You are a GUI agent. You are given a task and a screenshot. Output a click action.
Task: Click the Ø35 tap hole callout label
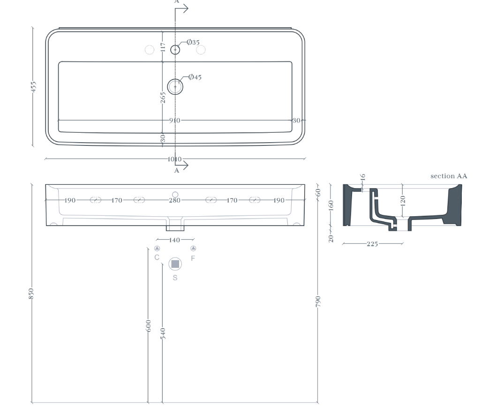tap(193, 42)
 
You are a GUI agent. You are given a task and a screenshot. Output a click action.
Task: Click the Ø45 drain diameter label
tap(195, 77)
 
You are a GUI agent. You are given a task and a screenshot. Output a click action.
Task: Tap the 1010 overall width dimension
tap(174, 159)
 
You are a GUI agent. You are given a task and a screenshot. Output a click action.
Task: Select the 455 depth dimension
tap(33, 87)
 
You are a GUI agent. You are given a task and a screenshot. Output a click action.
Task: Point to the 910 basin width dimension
tap(174, 120)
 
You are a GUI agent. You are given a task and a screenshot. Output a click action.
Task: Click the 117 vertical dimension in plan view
tap(163, 47)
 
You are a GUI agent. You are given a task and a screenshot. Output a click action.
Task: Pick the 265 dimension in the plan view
tap(163, 98)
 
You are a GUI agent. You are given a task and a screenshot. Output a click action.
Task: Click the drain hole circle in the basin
tap(175, 87)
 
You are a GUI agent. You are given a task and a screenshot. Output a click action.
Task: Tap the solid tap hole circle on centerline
tap(175, 50)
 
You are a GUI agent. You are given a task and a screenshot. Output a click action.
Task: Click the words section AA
tap(449, 176)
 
